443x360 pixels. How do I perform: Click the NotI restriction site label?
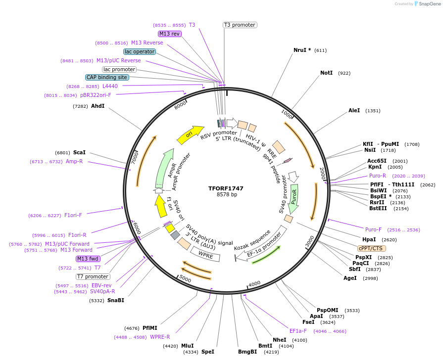[326, 73]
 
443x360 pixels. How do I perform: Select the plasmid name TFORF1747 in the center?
[226, 188]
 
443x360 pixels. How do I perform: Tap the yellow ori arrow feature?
[190, 134]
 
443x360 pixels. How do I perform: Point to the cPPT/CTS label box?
[372, 248]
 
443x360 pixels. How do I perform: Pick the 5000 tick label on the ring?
[185, 279]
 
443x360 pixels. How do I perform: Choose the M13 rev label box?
[170, 34]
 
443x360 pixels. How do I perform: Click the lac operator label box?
[140, 51]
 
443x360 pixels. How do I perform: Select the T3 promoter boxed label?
[240, 25]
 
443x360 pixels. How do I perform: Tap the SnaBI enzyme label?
[116, 300]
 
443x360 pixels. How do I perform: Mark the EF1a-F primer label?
[298, 331]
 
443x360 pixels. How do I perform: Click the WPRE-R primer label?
[160, 337]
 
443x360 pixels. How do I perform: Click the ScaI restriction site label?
[79, 153]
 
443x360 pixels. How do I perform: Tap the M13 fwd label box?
[88, 259]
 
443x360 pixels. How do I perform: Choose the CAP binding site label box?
[107, 77]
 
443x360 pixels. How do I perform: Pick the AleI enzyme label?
[354, 110]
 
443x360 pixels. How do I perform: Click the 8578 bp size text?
[227, 195]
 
